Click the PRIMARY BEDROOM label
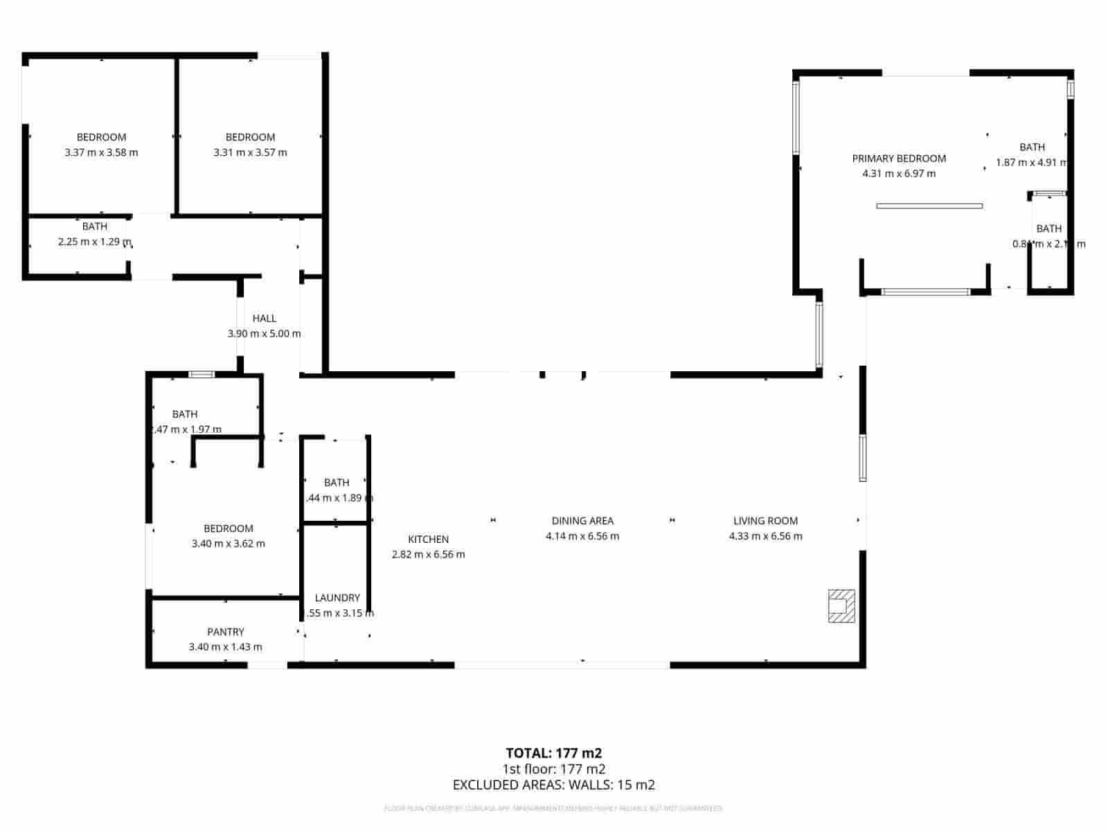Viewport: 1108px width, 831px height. pyautogui.click(x=899, y=159)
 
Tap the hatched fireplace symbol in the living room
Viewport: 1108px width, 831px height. pyautogui.click(x=841, y=605)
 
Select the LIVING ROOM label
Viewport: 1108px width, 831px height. pyautogui.click(x=765, y=521)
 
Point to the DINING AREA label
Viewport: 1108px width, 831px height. pyautogui.click(x=582, y=521)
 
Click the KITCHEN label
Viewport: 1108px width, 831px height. pyautogui.click(x=428, y=539)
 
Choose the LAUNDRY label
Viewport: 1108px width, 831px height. pyautogui.click(x=337, y=598)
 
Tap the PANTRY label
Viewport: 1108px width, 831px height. pyautogui.click(x=226, y=632)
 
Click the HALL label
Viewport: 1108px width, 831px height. pyautogui.click(x=264, y=319)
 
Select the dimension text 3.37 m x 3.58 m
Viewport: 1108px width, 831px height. pyautogui.click(x=101, y=152)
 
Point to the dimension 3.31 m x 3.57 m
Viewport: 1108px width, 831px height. pyautogui.click(x=250, y=152)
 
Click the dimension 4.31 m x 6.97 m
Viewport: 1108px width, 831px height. pyautogui.click(x=899, y=174)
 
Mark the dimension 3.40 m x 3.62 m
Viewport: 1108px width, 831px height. pyautogui.click(x=228, y=544)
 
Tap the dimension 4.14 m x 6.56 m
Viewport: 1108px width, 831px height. pyautogui.click(x=582, y=536)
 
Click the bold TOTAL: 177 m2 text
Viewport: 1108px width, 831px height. pyautogui.click(x=554, y=753)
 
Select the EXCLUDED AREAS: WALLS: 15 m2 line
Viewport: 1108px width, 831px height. pyautogui.click(x=554, y=785)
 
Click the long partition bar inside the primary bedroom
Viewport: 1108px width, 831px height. pyautogui.click(x=929, y=206)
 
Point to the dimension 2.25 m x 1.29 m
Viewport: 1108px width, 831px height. pyautogui.click(x=94, y=242)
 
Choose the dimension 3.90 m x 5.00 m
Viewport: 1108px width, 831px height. pyautogui.click(x=264, y=334)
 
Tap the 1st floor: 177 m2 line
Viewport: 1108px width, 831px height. pyautogui.click(x=554, y=769)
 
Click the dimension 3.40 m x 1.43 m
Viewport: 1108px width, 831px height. pyautogui.click(x=226, y=647)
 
